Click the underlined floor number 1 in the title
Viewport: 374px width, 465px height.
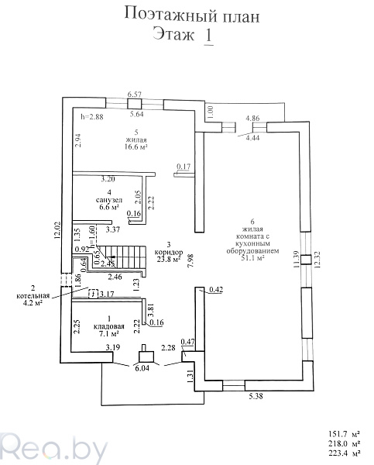[208, 36]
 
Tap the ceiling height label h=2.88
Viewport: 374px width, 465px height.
[92, 117]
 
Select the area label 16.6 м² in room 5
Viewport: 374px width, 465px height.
[136, 146]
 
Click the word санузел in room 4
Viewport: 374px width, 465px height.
[109, 200]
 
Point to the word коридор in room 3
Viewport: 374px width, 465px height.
[169, 252]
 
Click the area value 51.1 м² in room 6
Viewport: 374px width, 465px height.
[252, 258]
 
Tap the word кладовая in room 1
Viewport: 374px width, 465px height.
[108, 326]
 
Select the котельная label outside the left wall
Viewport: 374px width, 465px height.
[33, 296]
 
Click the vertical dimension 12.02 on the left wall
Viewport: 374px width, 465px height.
[57, 230]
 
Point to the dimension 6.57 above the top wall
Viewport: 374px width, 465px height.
[135, 95]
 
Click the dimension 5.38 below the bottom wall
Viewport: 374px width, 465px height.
[256, 396]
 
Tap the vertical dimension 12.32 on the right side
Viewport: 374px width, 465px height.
[317, 260]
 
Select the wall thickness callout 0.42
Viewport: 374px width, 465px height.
[216, 289]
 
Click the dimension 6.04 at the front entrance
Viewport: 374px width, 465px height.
[142, 368]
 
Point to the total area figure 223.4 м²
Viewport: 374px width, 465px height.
[345, 453]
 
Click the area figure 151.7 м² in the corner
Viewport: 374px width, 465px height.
[345, 434]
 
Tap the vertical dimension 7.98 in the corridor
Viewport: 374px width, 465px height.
[190, 261]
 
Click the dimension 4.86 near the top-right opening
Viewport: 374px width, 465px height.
[252, 118]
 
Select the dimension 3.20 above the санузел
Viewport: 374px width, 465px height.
[108, 179]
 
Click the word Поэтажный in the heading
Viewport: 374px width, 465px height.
[170, 15]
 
